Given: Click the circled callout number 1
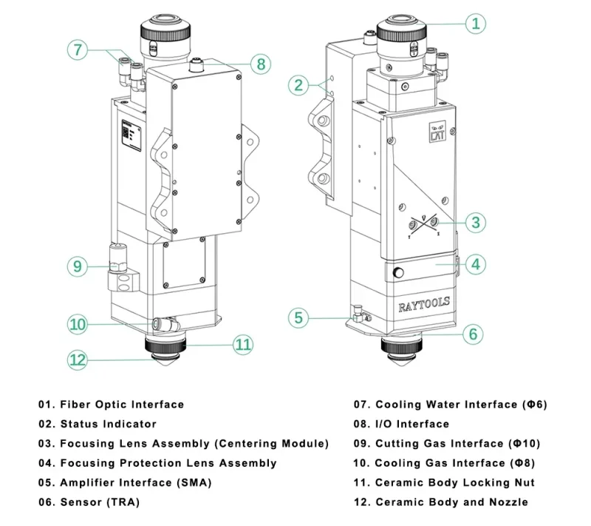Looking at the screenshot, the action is coord(476,24).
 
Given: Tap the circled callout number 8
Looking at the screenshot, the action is coord(261,64).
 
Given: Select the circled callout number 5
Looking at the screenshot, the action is coord(298,317).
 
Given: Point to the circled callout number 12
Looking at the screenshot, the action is coord(78,360).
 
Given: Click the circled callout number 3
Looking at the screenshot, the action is coord(476,222).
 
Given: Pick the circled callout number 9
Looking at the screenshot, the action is coord(78,266).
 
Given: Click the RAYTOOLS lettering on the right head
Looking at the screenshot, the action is coord(424,304).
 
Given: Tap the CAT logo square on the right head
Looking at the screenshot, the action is coord(437,132).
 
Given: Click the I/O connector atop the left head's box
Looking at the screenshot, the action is coord(197,64).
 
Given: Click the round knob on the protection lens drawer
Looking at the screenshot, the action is coord(398,272).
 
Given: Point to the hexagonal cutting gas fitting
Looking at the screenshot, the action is coord(118,258).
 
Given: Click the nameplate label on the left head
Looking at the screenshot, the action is coord(131,135).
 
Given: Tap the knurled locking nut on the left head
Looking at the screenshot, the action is coord(165,345).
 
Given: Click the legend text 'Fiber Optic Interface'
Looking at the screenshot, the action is coord(122,405).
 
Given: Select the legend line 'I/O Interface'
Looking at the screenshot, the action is coord(401,424).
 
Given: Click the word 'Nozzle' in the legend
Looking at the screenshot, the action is coord(508,502).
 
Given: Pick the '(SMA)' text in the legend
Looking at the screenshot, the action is coord(194,482).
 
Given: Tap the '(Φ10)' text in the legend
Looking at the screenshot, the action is coord(525,443).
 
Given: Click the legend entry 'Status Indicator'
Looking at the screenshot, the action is coord(109,424).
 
